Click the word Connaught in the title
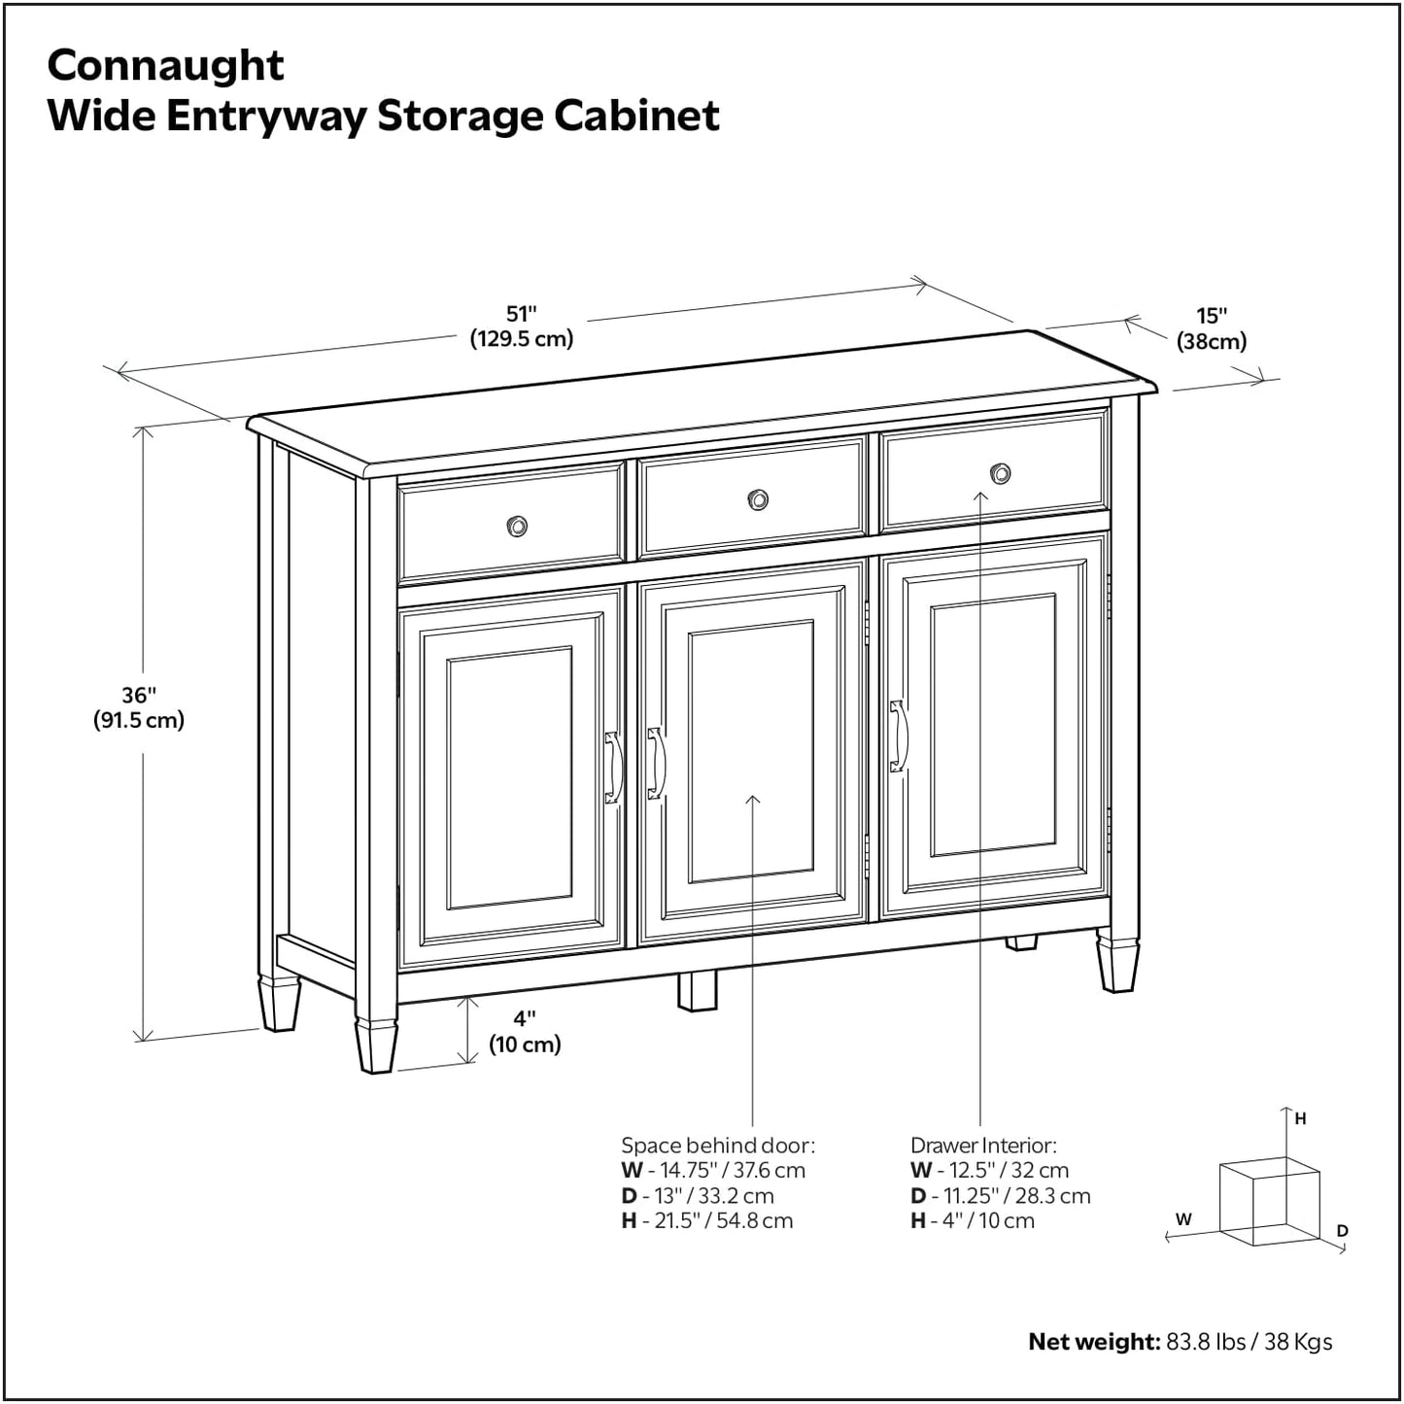click(165, 66)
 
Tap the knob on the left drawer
click(517, 527)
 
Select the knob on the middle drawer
click(758, 499)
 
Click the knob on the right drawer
click(1000, 474)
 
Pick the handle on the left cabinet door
click(612, 768)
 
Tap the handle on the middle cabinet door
click(656, 764)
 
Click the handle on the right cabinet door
click(898, 736)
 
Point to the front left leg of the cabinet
click(375, 1044)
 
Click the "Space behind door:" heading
click(718, 1146)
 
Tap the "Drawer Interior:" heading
click(983, 1146)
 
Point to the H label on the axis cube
click(1301, 1118)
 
